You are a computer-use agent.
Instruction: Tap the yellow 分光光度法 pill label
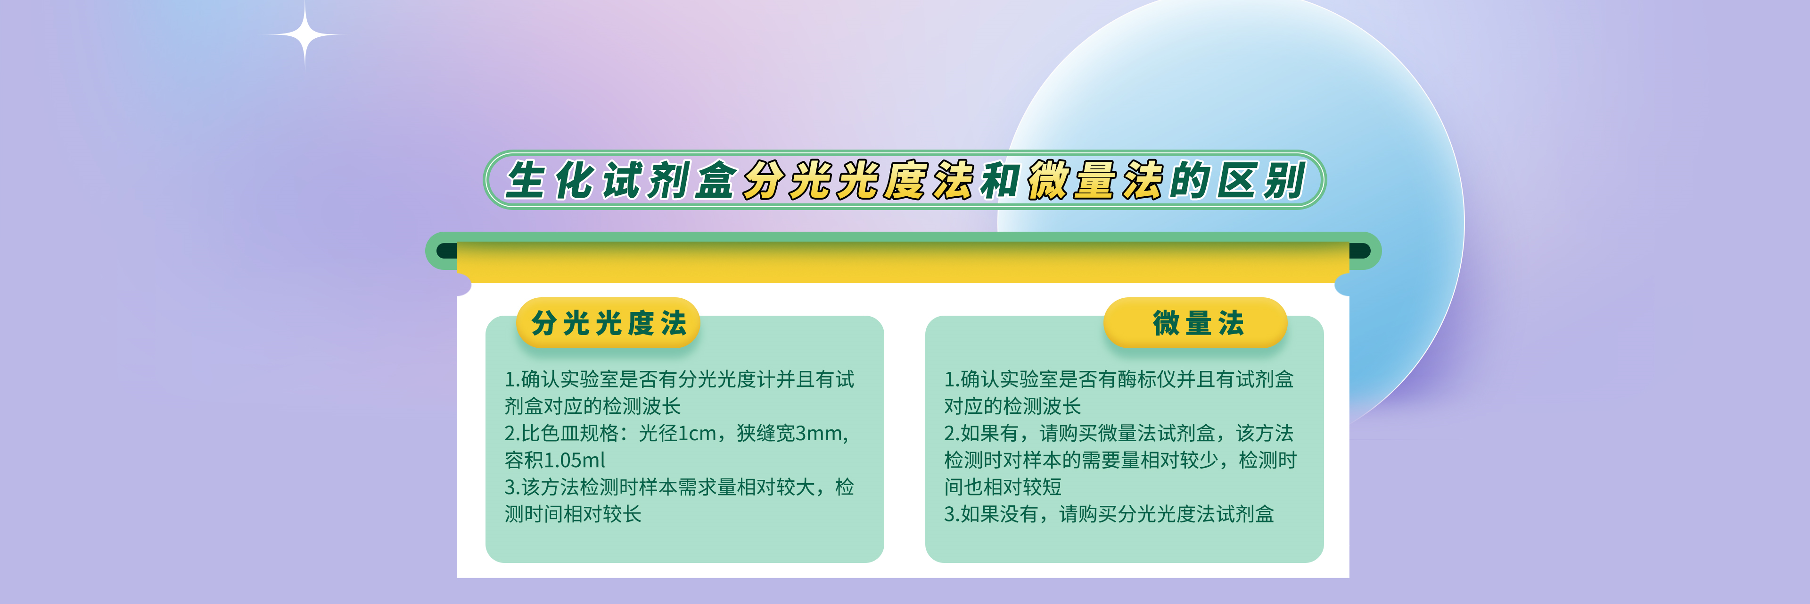pos(609,323)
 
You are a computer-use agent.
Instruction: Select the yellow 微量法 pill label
pos(1196,323)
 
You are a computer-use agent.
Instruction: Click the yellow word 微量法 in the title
pos(1096,180)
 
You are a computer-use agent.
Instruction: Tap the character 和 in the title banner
pos(1001,180)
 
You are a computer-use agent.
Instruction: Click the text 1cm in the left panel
pos(697,433)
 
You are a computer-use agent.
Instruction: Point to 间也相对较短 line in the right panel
pos(1003,487)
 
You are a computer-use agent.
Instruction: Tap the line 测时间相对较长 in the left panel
pos(573,514)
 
